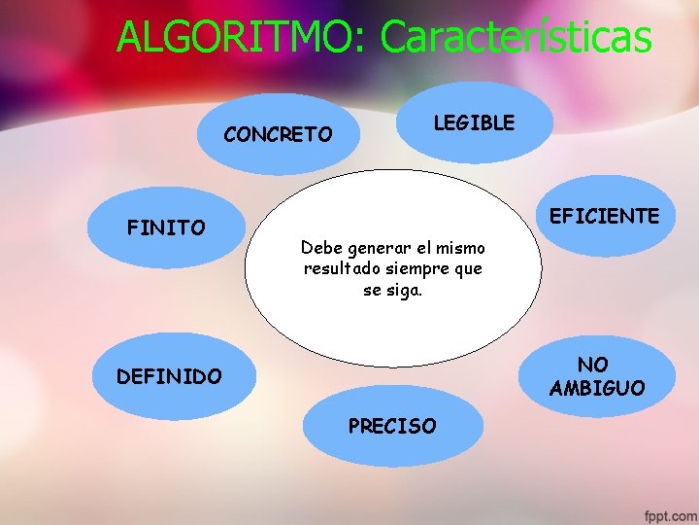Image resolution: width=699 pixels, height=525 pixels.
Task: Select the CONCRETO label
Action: coord(278,135)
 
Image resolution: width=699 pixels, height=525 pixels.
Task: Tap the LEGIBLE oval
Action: coord(474,122)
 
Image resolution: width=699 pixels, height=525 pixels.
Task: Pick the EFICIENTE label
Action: coord(604,216)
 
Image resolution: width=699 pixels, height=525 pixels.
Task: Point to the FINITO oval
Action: coord(166,228)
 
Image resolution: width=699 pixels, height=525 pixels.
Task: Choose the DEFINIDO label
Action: coord(169,376)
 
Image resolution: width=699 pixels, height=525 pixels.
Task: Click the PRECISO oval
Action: coord(392,426)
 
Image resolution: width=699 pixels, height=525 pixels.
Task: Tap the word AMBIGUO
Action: coord(596,389)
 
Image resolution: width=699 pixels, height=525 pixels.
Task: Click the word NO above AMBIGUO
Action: coord(592,365)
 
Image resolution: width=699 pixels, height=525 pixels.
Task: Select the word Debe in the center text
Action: coord(321,247)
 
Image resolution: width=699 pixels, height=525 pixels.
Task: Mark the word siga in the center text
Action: coord(405,290)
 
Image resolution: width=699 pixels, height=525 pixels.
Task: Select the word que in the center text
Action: coord(468,268)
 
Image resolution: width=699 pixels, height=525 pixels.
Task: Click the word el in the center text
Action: coord(420,247)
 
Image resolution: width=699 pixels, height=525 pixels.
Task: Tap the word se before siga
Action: coord(372,290)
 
